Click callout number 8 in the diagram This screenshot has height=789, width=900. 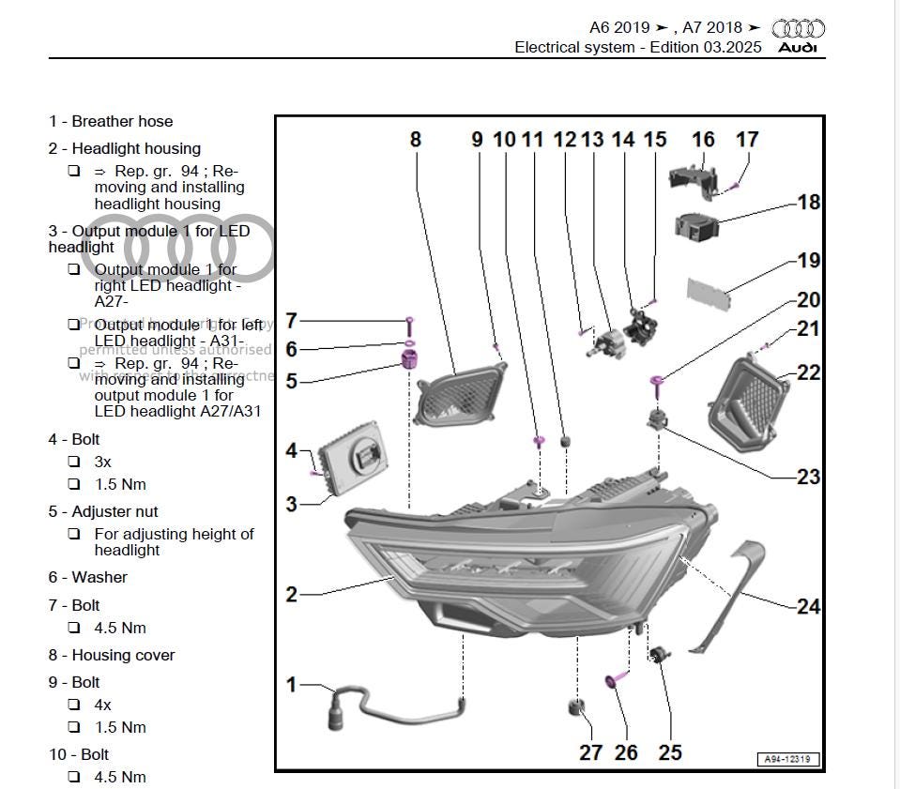coord(415,140)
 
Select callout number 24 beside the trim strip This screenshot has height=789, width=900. coord(808,607)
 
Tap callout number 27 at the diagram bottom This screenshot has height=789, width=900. coord(590,752)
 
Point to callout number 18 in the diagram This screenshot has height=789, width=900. coord(808,203)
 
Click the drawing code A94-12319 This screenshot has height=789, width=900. coord(786,759)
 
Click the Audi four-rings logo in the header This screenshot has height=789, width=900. coord(798,29)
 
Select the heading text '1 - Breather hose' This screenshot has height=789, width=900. coord(111,121)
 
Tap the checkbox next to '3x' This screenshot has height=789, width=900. coord(74,462)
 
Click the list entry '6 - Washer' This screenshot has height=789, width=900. coord(87,577)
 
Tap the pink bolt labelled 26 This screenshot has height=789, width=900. coord(616,679)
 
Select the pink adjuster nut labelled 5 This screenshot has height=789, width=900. coord(408,359)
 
